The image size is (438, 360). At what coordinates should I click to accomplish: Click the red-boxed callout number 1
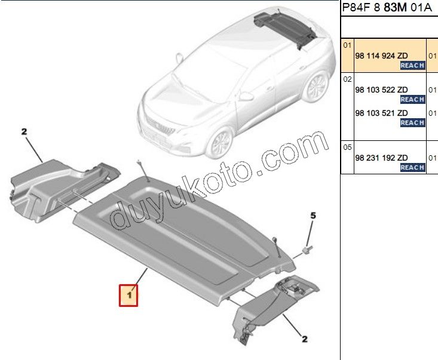tap(128, 296)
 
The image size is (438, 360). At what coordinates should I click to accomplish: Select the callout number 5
tap(313, 216)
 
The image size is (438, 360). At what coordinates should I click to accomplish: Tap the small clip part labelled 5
tap(308, 249)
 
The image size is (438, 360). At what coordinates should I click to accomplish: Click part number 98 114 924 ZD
tap(381, 56)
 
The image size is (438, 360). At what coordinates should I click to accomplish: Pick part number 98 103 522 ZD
tap(381, 90)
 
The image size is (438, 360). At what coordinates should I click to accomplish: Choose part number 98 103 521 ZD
tap(381, 113)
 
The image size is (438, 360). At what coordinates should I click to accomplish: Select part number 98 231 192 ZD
tap(381, 158)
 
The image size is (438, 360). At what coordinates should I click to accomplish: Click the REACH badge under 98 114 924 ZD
tap(412, 65)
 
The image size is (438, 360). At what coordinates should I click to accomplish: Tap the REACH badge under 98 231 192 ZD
tap(412, 167)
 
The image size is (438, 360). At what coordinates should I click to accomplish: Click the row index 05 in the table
tap(347, 147)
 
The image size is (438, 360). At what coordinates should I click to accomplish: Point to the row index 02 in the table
tap(347, 79)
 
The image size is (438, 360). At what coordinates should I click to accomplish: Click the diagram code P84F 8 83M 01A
tap(387, 8)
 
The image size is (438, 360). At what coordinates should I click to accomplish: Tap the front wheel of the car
tap(222, 143)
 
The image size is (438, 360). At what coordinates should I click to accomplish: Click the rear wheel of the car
tap(317, 86)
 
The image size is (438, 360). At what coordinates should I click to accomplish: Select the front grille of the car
tap(161, 127)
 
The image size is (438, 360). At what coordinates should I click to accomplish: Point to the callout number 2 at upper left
tap(24, 132)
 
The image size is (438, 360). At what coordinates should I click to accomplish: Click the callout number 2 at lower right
tap(305, 339)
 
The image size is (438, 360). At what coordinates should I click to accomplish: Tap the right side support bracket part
tap(274, 307)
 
